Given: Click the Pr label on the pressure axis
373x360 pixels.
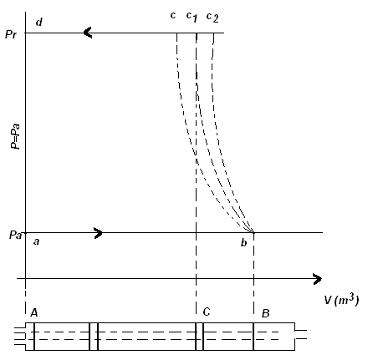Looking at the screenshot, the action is point(11,34).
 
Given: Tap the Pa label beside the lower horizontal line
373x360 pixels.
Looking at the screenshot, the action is point(15,236).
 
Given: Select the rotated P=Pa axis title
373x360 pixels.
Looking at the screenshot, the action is point(16,136).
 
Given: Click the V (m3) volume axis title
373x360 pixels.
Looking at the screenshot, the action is point(341,300).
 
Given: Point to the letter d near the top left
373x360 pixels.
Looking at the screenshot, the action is point(39,22).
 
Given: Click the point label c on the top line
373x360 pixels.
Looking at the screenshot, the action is point(173,16).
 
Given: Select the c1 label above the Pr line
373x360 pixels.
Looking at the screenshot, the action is point(192,17).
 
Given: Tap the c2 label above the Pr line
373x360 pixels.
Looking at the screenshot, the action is point(212,18).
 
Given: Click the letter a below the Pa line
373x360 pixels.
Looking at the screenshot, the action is point(36,241).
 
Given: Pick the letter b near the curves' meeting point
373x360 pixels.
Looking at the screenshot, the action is point(244,243).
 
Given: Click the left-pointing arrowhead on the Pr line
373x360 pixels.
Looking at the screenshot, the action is point(88,33).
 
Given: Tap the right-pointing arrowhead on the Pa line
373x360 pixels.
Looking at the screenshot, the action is point(98,233).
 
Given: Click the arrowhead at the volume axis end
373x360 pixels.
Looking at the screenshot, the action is point(317,279).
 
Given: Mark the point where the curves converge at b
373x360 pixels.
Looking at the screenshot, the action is point(253,232).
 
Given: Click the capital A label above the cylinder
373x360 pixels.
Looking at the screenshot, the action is point(34,312).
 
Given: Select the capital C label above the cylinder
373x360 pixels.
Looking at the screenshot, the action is point(207,312).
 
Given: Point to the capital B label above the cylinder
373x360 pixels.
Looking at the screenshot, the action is point(266,313).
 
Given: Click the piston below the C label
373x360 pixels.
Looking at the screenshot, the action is point(199,337).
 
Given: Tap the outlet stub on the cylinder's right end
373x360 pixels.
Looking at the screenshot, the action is point(301,335).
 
